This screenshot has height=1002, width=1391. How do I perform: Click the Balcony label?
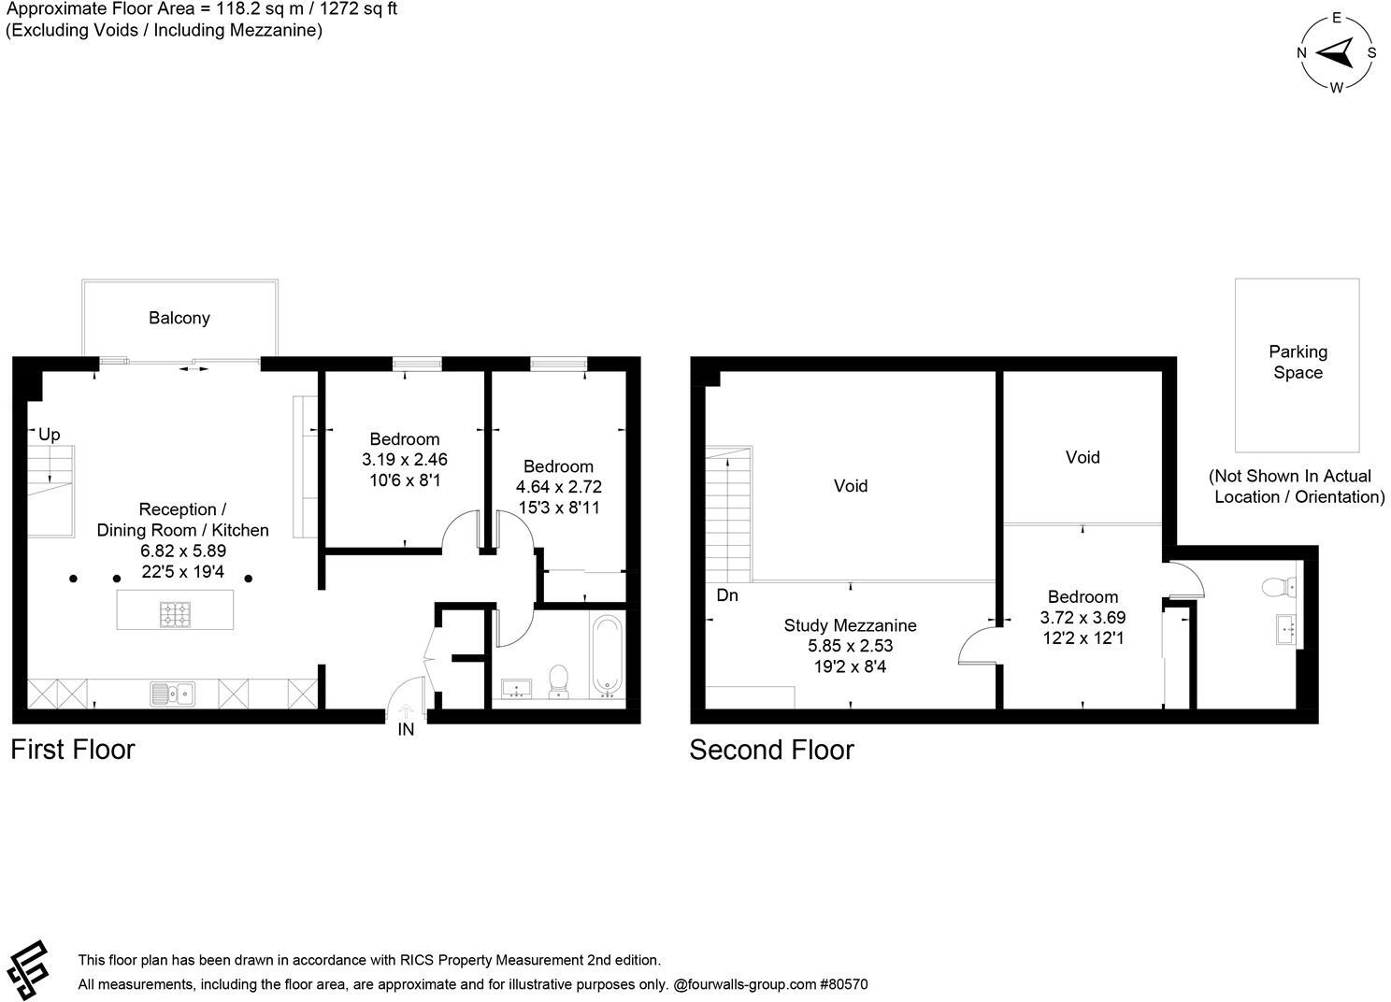179,318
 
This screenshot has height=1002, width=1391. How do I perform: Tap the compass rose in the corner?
1336,53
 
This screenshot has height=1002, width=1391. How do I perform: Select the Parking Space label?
1297,362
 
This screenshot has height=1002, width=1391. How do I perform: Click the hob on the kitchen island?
175,613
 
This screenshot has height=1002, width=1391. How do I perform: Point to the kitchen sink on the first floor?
173,694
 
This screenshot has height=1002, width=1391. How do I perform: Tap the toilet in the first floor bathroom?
559,680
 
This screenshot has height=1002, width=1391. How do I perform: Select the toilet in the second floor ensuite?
1277,586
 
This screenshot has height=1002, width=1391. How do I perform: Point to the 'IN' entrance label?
406,730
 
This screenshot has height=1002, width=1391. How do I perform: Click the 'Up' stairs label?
49,435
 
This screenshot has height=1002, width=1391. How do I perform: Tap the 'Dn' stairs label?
727,595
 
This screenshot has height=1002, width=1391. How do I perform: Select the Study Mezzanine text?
850,625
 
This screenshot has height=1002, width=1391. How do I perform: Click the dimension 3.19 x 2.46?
404,460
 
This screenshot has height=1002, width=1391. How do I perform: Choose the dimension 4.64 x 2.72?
558,487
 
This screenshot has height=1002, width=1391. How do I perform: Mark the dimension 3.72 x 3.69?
1083,618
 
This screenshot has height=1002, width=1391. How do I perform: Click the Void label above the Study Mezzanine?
851,486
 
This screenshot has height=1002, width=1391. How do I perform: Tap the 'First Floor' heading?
73,750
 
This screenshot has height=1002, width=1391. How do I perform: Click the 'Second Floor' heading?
771,751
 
